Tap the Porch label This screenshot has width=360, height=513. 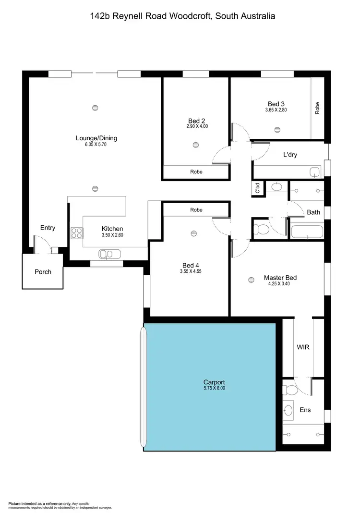43,272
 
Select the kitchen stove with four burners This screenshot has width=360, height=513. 76,233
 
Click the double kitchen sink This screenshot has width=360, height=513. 106,254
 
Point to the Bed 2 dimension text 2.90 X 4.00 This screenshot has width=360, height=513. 197,127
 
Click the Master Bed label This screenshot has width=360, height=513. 280,278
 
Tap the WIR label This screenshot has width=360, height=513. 303,347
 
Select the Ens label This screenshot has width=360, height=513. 305,410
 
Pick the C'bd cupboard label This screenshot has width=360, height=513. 257,188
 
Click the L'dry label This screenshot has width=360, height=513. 290,155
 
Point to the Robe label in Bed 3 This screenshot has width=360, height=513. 317,109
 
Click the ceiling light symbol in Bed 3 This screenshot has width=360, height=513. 277,129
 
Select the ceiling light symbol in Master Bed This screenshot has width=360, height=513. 250,280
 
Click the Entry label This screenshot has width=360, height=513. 48,228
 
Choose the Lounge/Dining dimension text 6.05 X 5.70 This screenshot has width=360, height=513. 96,144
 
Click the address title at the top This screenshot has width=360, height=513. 182,16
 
